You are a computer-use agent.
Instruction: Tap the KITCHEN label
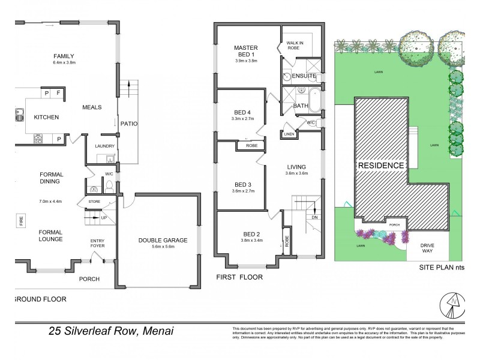[x=46, y=117]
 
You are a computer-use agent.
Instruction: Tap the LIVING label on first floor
[x=296, y=167]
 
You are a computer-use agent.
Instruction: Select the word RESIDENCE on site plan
[x=381, y=165]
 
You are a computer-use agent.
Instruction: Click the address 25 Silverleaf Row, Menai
[x=111, y=331]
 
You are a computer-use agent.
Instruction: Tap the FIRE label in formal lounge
[x=21, y=221]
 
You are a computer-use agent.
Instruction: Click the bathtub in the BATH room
[x=314, y=100]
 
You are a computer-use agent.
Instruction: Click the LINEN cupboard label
[x=289, y=134]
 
